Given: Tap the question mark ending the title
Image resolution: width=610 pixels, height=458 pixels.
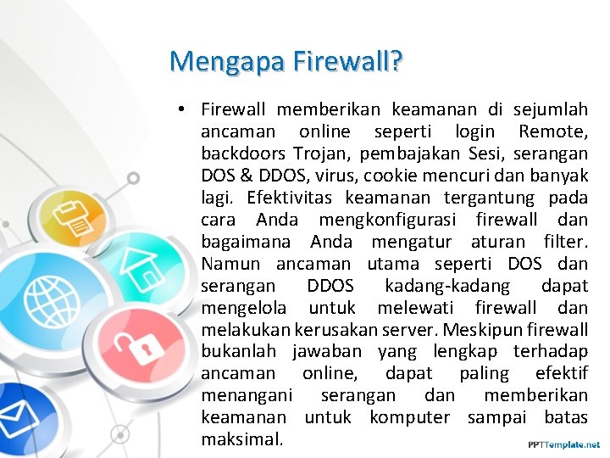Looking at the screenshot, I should pos(396,61).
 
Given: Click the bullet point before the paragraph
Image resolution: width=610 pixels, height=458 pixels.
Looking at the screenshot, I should pos(182,109).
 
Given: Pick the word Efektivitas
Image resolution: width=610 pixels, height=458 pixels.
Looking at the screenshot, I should pos(292,198).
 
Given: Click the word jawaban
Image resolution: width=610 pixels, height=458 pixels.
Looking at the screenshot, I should pos(327,352).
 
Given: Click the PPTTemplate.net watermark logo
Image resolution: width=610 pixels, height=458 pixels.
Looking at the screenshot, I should pos(563,444).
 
